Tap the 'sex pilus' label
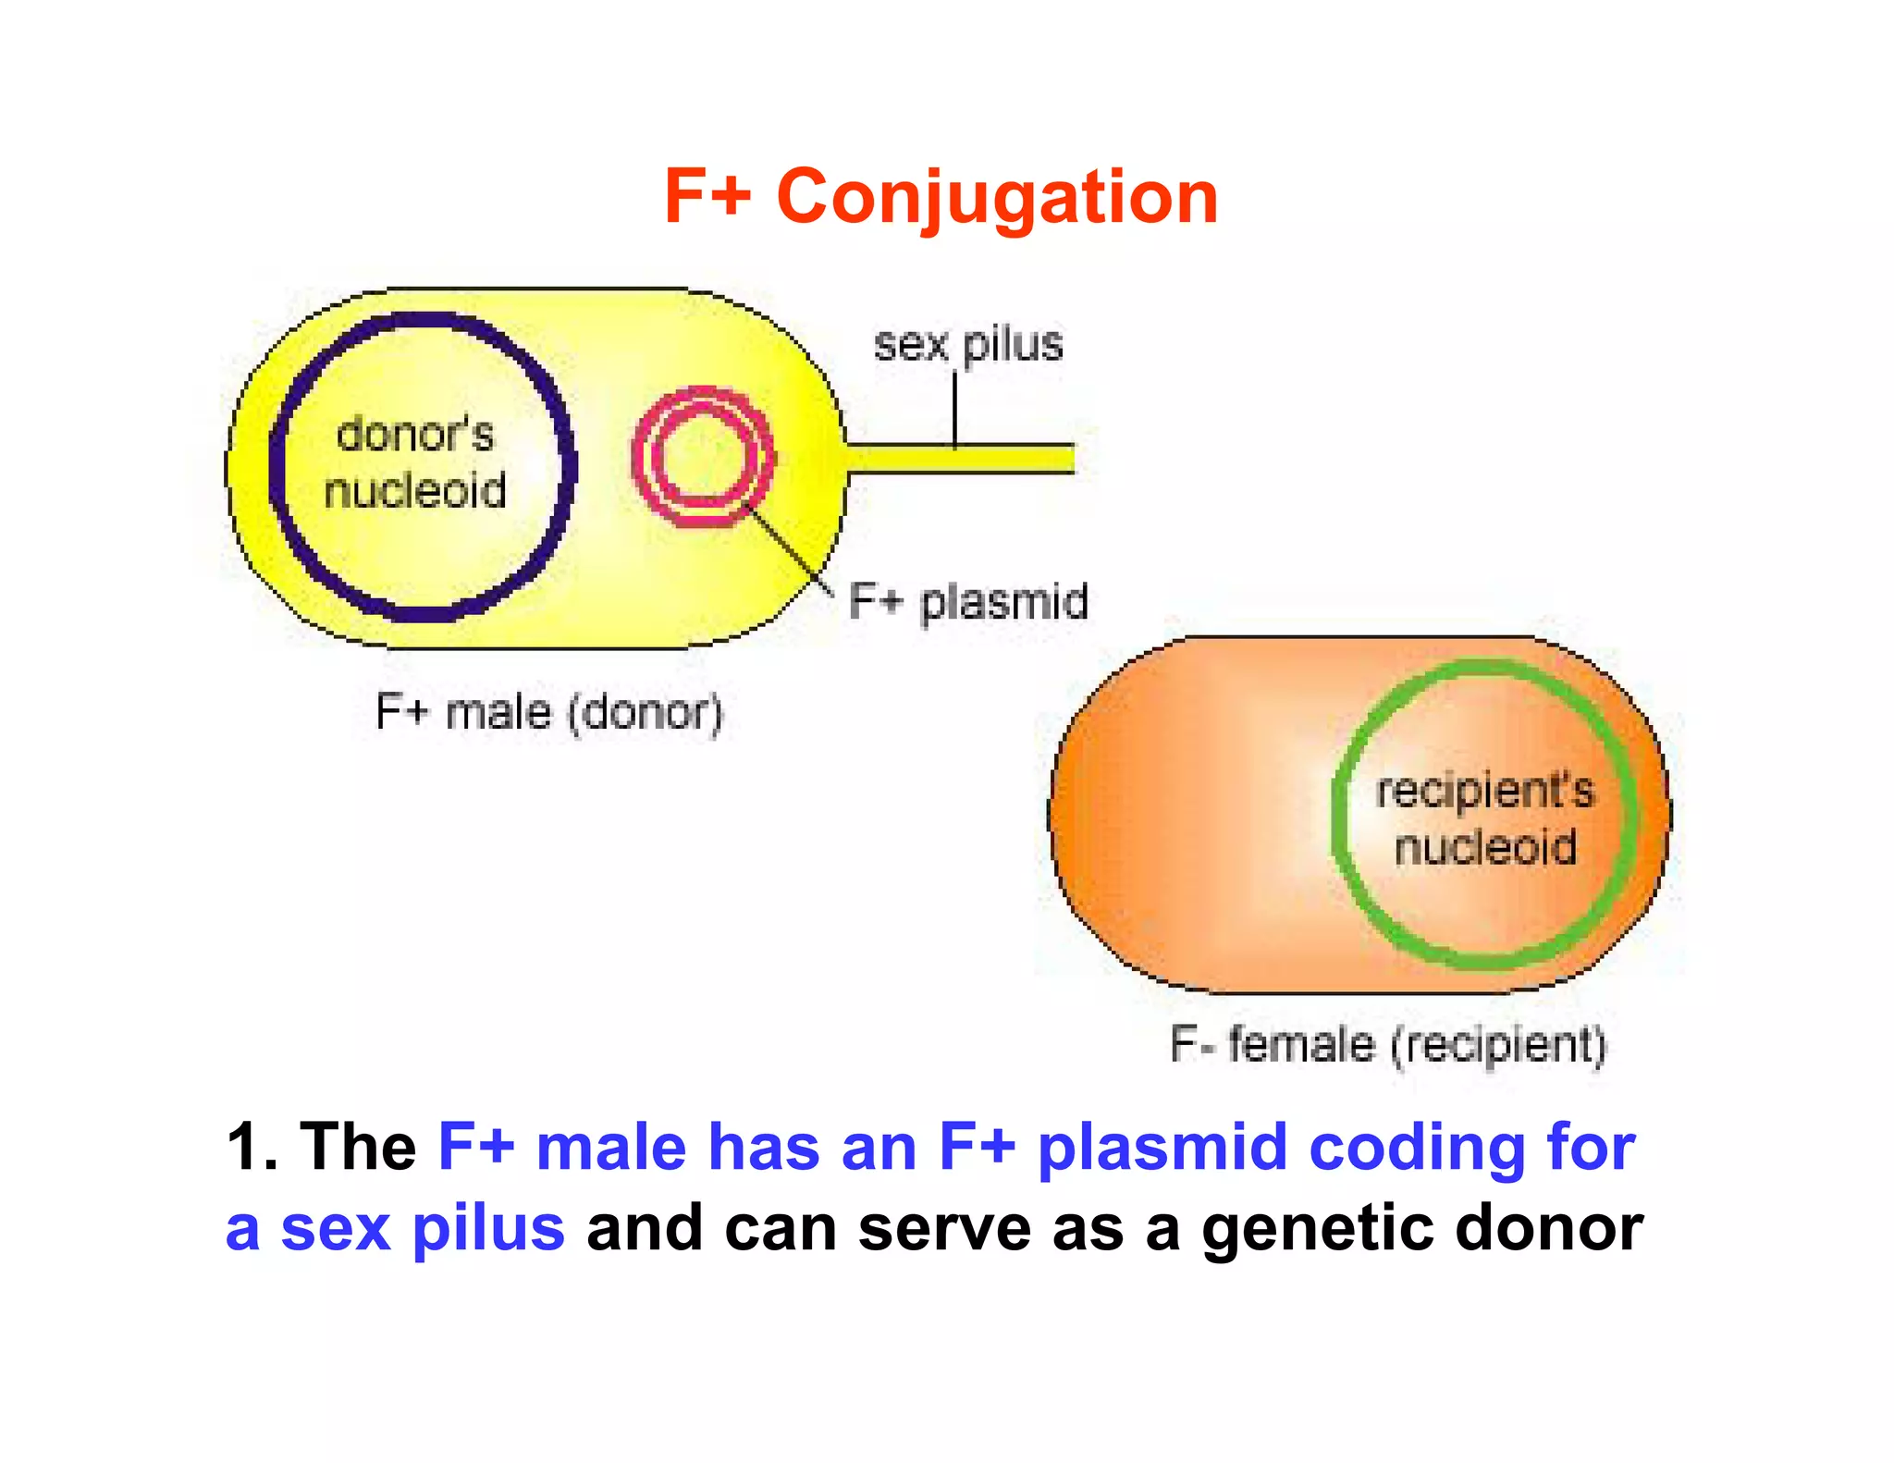tap(968, 345)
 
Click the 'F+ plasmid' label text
tap(967, 602)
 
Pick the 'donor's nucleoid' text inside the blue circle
tap(415, 462)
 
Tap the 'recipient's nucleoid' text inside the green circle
tap(1485, 819)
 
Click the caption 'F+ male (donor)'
tap(549, 712)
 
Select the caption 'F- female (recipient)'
tap(1388, 1045)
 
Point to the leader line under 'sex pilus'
tap(955, 407)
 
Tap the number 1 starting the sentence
tap(243, 1148)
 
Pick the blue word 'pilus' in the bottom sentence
tap(488, 1229)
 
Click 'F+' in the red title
tap(707, 198)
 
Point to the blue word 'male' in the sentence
tap(611, 1148)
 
